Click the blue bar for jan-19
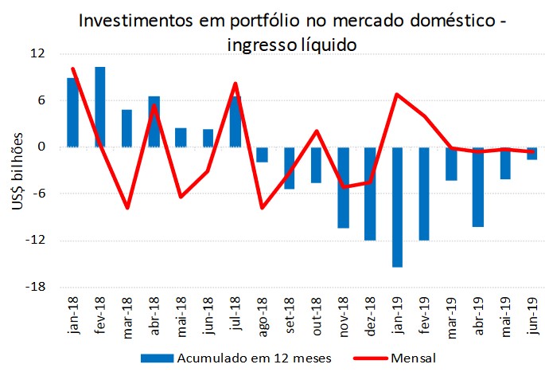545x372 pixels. pyautogui.click(x=397, y=207)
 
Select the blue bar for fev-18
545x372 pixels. pyautogui.click(x=100, y=107)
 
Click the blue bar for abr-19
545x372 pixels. pyautogui.click(x=478, y=186)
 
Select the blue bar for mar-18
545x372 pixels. pyautogui.click(x=127, y=128)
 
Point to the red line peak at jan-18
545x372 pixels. pyautogui.click(x=72, y=69)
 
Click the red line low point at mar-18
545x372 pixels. pyautogui.click(x=127, y=208)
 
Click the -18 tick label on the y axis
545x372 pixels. pyautogui.click(x=36, y=287)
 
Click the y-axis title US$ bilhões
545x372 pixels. pyautogui.click(x=18, y=170)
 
